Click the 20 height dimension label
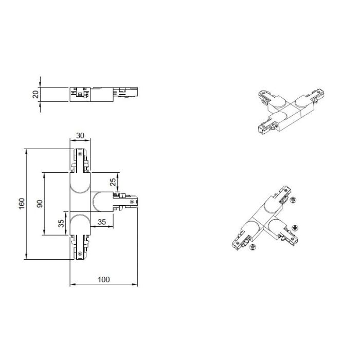click(x=35, y=94)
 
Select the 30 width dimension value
click(x=80, y=136)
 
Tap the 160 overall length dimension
click(x=22, y=204)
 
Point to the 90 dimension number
click(x=40, y=204)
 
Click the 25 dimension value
click(x=113, y=182)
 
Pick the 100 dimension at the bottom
click(x=104, y=280)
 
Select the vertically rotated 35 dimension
click(x=61, y=223)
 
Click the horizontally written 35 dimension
click(x=102, y=222)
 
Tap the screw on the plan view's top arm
click(x=80, y=154)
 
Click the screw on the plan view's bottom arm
click(x=80, y=254)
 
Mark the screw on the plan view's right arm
click(x=132, y=202)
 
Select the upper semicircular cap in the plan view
click(x=80, y=183)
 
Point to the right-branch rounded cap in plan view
click(x=103, y=202)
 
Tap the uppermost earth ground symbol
click(x=293, y=200)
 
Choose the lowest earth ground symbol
click(x=253, y=247)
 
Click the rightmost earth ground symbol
click(x=295, y=228)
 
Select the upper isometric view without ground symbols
click(x=291, y=111)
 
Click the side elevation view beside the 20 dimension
click(x=103, y=94)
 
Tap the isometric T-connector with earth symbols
click(x=265, y=218)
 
